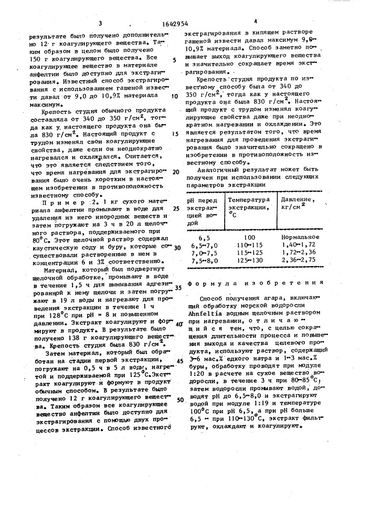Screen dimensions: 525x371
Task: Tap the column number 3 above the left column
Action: point(100,23)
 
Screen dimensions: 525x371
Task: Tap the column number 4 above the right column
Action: point(256,22)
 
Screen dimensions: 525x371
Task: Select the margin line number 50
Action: point(179,400)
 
